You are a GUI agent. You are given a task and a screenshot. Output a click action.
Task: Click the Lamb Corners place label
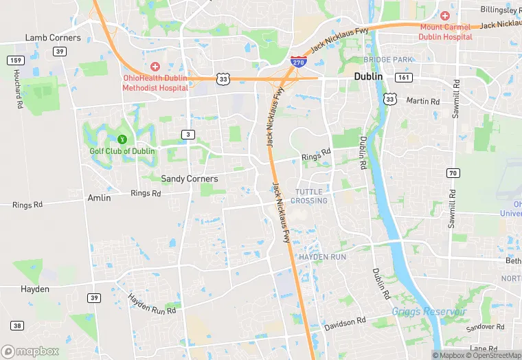(53, 38)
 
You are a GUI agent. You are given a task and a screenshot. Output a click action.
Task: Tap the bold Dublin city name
(368, 77)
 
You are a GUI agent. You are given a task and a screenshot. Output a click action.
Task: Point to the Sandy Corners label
(189, 179)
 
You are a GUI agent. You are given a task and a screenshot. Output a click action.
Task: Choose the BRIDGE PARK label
(388, 60)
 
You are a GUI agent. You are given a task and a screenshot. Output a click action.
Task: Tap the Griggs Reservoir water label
(429, 312)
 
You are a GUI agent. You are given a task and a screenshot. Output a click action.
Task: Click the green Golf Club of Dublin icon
(122, 140)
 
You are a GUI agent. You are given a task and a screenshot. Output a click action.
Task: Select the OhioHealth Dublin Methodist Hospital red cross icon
(155, 67)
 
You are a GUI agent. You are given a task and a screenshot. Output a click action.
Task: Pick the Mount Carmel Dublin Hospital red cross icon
(445, 15)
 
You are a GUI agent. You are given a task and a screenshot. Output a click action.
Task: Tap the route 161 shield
(405, 78)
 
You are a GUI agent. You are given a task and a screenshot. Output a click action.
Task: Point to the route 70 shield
(452, 172)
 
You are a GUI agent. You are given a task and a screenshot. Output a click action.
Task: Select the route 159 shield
(15, 60)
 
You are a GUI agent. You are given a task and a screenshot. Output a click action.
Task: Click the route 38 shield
(16, 326)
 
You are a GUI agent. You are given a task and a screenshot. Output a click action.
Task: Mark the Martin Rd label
(422, 101)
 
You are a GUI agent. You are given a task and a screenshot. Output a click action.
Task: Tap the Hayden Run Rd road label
(152, 304)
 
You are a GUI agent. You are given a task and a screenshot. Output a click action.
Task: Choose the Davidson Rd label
(345, 323)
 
